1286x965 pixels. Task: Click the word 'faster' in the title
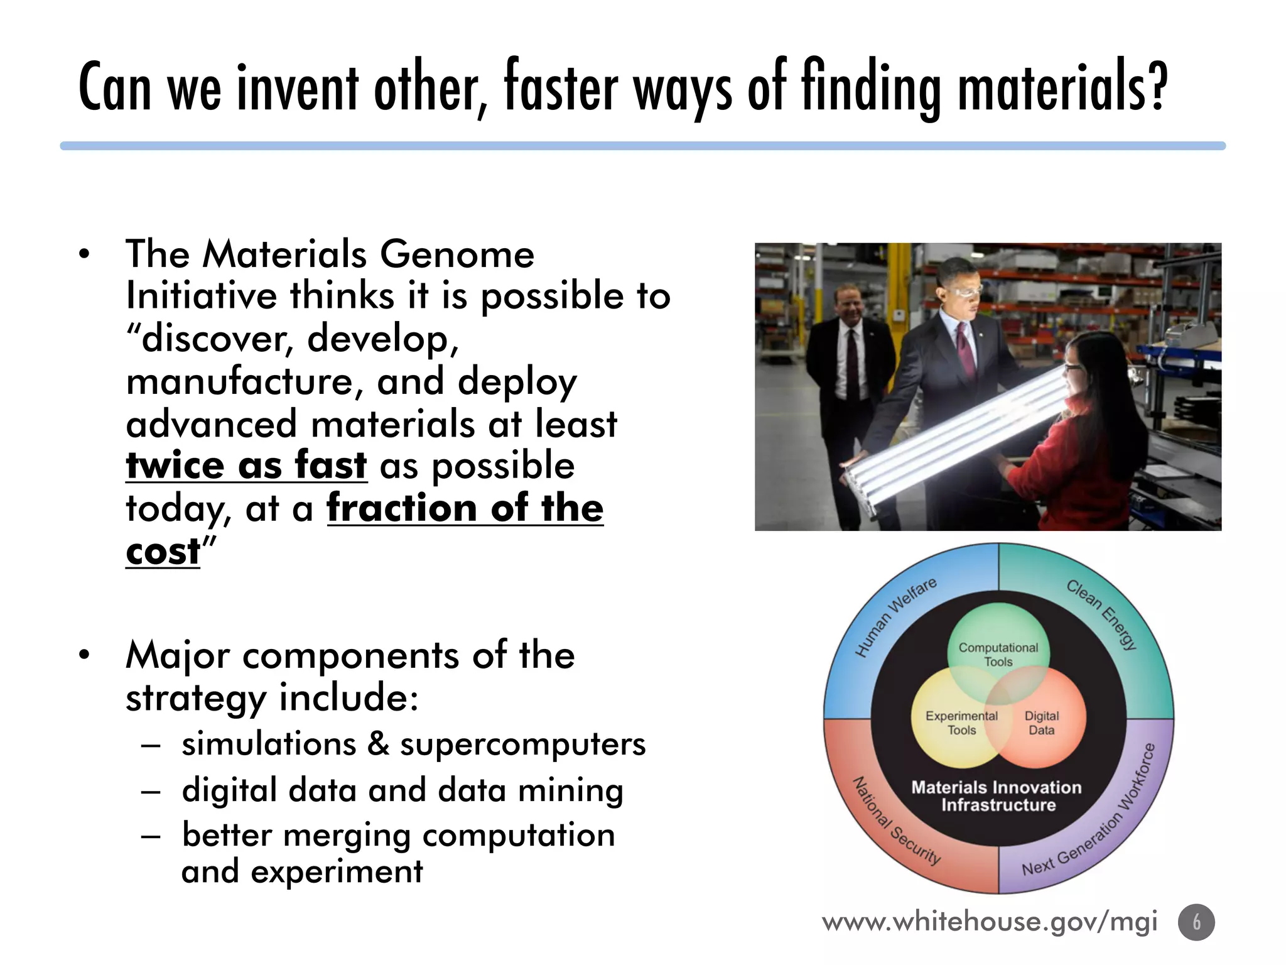pos(561,88)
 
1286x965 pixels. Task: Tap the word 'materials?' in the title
pos(1062,88)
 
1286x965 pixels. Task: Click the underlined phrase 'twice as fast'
pos(246,466)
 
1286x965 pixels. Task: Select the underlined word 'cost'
pos(163,552)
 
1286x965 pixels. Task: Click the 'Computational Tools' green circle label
pos(998,654)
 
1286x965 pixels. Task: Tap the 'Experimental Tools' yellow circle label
pos(961,722)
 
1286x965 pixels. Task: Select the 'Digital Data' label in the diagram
pos(1041,722)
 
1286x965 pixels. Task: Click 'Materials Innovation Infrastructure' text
pos(997,796)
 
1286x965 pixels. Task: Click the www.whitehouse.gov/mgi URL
pos(990,922)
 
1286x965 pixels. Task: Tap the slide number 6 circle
pos(1196,922)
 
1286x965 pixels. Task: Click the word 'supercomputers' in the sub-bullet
pos(522,744)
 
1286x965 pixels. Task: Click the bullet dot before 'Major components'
pos(85,655)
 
